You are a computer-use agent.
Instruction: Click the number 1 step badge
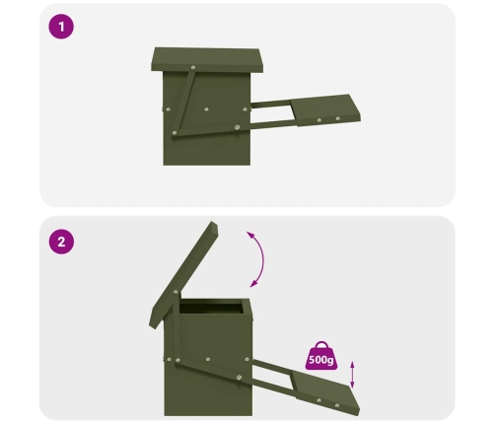61,27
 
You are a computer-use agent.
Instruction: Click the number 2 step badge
61,242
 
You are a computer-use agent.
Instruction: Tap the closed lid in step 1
207,59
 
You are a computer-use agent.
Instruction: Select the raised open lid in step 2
183,274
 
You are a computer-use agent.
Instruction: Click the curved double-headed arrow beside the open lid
263,259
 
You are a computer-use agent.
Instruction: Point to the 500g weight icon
321,356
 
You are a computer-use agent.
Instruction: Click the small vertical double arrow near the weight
352,375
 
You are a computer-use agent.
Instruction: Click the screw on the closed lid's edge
193,67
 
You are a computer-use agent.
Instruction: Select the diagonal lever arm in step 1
183,101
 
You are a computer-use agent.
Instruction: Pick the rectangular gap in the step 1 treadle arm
273,113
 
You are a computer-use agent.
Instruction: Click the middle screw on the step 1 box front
206,109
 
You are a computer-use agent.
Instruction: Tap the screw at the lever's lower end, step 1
175,133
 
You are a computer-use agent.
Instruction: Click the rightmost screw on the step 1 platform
337,118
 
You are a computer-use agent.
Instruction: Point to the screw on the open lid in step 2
176,292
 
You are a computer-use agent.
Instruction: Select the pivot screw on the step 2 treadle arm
240,377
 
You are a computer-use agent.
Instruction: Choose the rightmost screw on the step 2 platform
337,405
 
